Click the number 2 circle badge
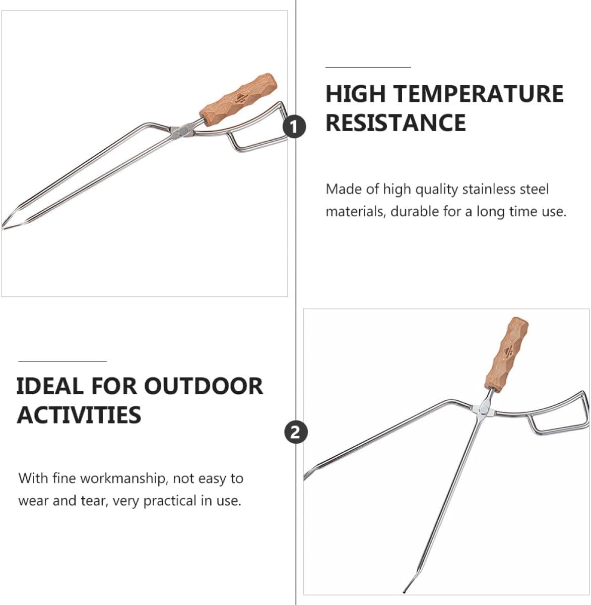point(295,433)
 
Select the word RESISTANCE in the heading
point(396,123)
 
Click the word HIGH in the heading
point(356,94)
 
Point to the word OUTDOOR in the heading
point(204,386)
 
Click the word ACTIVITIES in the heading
point(79,415)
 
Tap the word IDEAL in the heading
point(49,386)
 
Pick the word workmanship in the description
point(124,478)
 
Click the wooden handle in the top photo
point(239,96)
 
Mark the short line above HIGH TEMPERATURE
point(368,67)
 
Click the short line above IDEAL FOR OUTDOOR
point(62,361)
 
